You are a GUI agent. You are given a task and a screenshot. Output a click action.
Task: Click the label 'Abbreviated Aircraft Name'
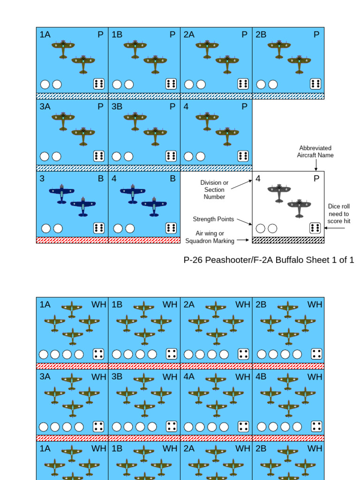pyautogui.click(x=315, y=151)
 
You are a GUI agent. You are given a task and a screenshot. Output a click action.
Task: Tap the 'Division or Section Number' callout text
pyautogui.click(x=214, y=190)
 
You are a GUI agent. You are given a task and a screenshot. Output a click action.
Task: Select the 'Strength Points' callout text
pyautogui.click(x=210, y=219)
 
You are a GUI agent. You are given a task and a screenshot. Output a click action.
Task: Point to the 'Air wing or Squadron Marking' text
pyautogui.click(x=210, y=237)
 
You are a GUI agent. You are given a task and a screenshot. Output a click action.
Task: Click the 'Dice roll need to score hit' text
pyautogui.click(x=338, y=213)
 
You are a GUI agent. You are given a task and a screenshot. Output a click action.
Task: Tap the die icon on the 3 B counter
pyautogui.click(x=99, y=228)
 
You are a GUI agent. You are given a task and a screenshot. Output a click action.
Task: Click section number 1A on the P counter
pyautogui.click(x=45, y=35)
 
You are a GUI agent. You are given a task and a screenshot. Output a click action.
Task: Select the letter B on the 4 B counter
pyautogui.click(x=172, y=179)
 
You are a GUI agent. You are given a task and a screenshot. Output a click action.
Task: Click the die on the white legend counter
pyautogui.click(x=315, y=228)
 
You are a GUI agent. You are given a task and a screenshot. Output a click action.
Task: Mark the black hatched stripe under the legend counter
pyautogui.click(x=288, y=240)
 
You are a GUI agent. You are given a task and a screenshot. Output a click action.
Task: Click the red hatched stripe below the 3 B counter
pyautogui.click(x=72, y=240)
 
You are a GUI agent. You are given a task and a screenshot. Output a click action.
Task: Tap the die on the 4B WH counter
pyautogui.click(x=316, y=426)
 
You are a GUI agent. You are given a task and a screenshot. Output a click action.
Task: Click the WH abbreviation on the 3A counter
pyautogui.click(x=99, y=377)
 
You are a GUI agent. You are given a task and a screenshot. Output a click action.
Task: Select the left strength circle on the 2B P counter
pyautogui.click(x=261, y=84)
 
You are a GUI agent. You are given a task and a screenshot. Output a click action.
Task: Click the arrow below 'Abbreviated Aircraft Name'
pyautogui.click(x=316, y=165)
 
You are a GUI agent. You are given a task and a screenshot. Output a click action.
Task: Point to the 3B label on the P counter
pyautogui.click(x=117, y=106)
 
